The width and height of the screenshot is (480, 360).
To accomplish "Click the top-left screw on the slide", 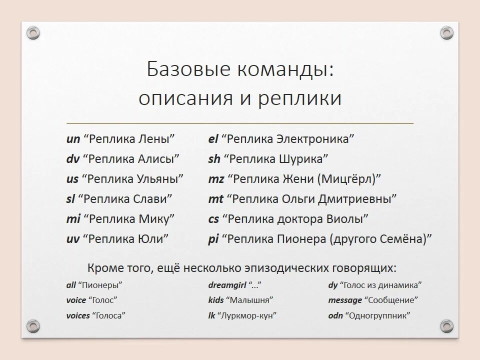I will (x=33, y=33).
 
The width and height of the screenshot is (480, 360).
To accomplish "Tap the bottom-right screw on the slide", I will (x=446, y=326).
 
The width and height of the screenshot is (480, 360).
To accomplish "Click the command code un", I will (x=73, y=139).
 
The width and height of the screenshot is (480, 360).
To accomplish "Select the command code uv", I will (x=73, y=239).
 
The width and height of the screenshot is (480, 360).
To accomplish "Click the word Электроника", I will (x=315, y=139).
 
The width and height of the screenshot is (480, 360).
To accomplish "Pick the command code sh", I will (x=214, y=159).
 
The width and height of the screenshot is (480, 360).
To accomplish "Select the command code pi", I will (x=213, y=239).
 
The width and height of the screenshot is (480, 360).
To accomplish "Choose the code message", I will (x=345, y=300).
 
